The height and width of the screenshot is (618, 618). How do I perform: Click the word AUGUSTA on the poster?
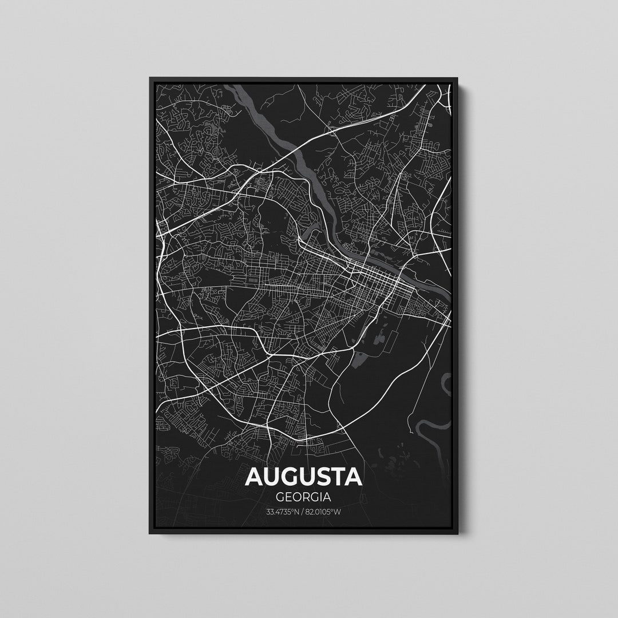pyautogui.click(x=304, y=477)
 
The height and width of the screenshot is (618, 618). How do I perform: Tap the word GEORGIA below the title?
pyautogui.click(x=304, y=497)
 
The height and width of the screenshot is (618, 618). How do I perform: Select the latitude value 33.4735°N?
pyautogui.click(x=283, y=511)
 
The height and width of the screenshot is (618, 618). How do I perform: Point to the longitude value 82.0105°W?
pyautogui.click(x=324, y=511)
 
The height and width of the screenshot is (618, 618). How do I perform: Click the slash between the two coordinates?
pyautogui.click(x=303, y=511)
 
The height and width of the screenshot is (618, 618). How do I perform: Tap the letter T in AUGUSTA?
pyautogui.click(x=337, y=477)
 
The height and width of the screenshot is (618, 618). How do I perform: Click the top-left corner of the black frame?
pyautogui.click(x=150, y=78)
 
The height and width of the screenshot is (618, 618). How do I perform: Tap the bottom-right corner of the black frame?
pyautogui.click(x=457, y=534)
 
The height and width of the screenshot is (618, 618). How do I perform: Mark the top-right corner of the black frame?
pyautogui.click(x=457, y=78)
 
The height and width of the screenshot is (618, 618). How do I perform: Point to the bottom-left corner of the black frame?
pyautogui.click(x=150, y=534)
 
